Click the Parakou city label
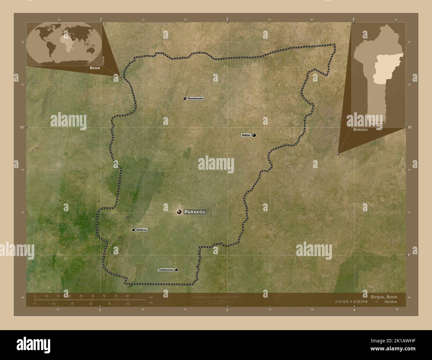pos(195,212)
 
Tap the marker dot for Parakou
pos(179,212)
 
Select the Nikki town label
pos(246,135)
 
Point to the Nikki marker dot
pos(254,135)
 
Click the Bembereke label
pos(196,99)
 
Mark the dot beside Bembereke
pos(185,99)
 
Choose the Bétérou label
pos(142,230)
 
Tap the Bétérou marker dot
pos(133,230)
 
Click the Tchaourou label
pos(165,270)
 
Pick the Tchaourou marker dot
pos(176,270)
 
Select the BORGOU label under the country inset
pos(361,129)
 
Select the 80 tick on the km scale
pos(127,296)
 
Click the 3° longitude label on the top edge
pos(227,20)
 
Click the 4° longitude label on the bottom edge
pos(354,310)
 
